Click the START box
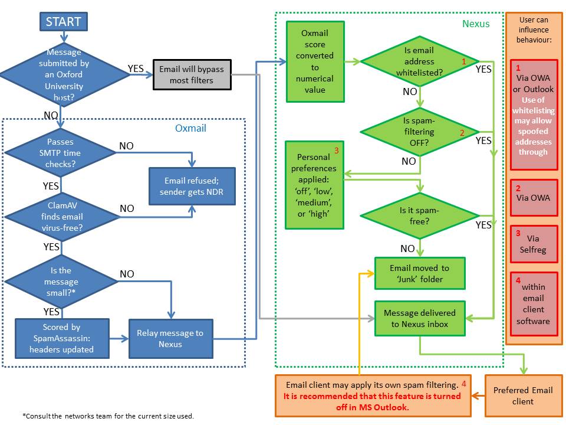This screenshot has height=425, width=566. point(64,22)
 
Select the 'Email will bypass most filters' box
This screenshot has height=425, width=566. point(192,74)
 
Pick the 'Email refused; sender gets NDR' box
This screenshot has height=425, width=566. point(192,187)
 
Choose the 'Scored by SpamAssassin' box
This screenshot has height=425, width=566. point(62,338)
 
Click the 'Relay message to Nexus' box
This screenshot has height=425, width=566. point(170,338)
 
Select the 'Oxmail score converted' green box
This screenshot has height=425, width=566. point(315,61)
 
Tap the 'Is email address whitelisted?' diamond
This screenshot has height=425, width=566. point(419,61)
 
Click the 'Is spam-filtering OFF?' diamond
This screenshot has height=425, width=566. point(419,130)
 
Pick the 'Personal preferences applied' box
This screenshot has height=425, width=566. point(314,185)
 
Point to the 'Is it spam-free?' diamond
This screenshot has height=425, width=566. point(419,215)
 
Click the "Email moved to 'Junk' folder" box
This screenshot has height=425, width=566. point(419,273)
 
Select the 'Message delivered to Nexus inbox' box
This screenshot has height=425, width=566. point(419,318)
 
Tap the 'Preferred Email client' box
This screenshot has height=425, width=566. point(523,395)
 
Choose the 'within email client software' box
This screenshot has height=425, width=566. point(533,303)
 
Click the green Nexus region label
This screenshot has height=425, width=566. point(475,24)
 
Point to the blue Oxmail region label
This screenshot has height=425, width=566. point(190,127)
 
